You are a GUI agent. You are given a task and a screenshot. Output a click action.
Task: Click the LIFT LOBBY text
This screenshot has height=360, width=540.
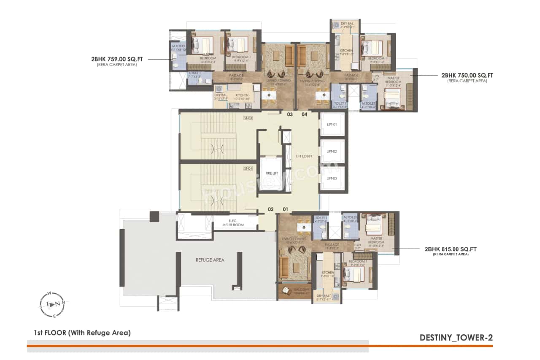click(304, 157)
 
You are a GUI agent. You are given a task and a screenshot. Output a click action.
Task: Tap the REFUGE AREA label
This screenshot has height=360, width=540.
click(210, 260)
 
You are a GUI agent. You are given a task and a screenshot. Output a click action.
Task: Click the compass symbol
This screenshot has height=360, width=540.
click(54, 304)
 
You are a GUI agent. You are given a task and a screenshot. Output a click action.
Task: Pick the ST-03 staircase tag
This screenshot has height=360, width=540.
click(248, 118)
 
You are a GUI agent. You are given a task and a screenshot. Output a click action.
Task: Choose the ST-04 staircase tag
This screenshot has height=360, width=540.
click(248, 169)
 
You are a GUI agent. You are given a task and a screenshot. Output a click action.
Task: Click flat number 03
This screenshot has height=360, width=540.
click(290, 114)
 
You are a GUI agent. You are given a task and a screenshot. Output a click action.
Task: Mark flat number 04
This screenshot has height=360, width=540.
click(305, 114)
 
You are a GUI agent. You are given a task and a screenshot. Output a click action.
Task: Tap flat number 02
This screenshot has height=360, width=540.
click(271, 209)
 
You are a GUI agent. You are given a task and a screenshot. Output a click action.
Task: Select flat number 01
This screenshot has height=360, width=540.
click(286, 209)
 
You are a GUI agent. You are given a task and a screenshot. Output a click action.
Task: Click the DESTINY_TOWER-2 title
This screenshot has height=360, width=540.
click(456, 338)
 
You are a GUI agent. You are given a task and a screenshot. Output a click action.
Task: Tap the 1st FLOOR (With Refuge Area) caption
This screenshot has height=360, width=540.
click(82, 333)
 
